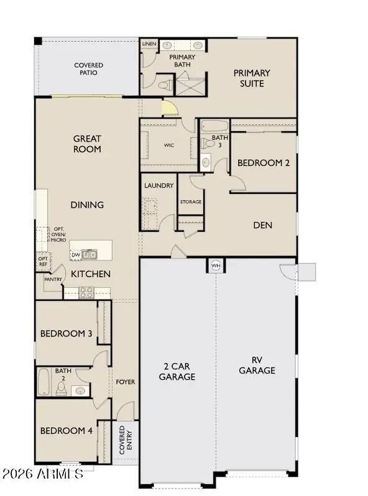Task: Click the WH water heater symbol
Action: (216, 265)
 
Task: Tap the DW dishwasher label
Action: (75, 255)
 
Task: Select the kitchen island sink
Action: (90, 254)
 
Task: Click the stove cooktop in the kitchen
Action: (86, 292)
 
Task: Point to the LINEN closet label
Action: (149, 45)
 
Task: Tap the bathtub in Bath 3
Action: (215, 126)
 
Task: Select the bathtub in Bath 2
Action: (44, 382)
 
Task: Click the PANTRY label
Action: (52, 280)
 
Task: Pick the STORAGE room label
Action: (191, 202)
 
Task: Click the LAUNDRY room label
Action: (158, 186)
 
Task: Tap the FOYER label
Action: (125, 382)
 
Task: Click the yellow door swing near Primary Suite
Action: (170, 109)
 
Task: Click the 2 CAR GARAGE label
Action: (177, 371)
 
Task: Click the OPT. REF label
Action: (43, 261)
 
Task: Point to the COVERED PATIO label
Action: (88, 69)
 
